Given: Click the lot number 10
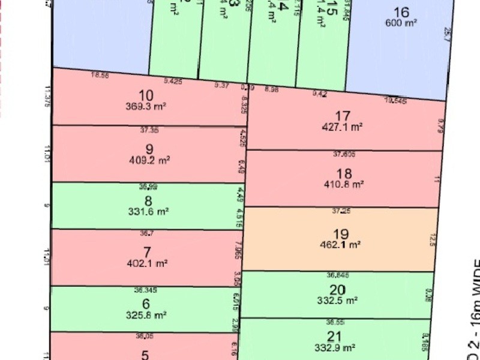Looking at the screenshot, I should [x=146, y=95].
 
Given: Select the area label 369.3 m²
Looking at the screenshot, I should [x=147, y=106].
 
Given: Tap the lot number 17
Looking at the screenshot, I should [x=343, y=116].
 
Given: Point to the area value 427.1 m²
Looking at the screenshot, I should [x=343, y=127].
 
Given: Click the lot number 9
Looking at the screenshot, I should [x=149, y=149].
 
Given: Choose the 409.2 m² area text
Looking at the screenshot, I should [x=149, y=160].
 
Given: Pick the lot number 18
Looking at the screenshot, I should [x=344, y=174].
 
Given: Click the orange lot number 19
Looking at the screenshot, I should [x=340, y=234].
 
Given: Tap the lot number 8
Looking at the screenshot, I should [x=148, y=201].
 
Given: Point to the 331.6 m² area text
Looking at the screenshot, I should [x=148, y=211].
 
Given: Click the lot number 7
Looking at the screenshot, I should [x=148, y=252].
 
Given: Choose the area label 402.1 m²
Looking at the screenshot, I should [x=148, y=263].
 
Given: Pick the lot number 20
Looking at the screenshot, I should [x=336, y=290].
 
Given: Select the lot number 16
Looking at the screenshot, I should [x=401, y=12].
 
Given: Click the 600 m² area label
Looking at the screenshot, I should [x=401, y=23].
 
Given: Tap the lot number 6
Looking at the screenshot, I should [x=146, y=304].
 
